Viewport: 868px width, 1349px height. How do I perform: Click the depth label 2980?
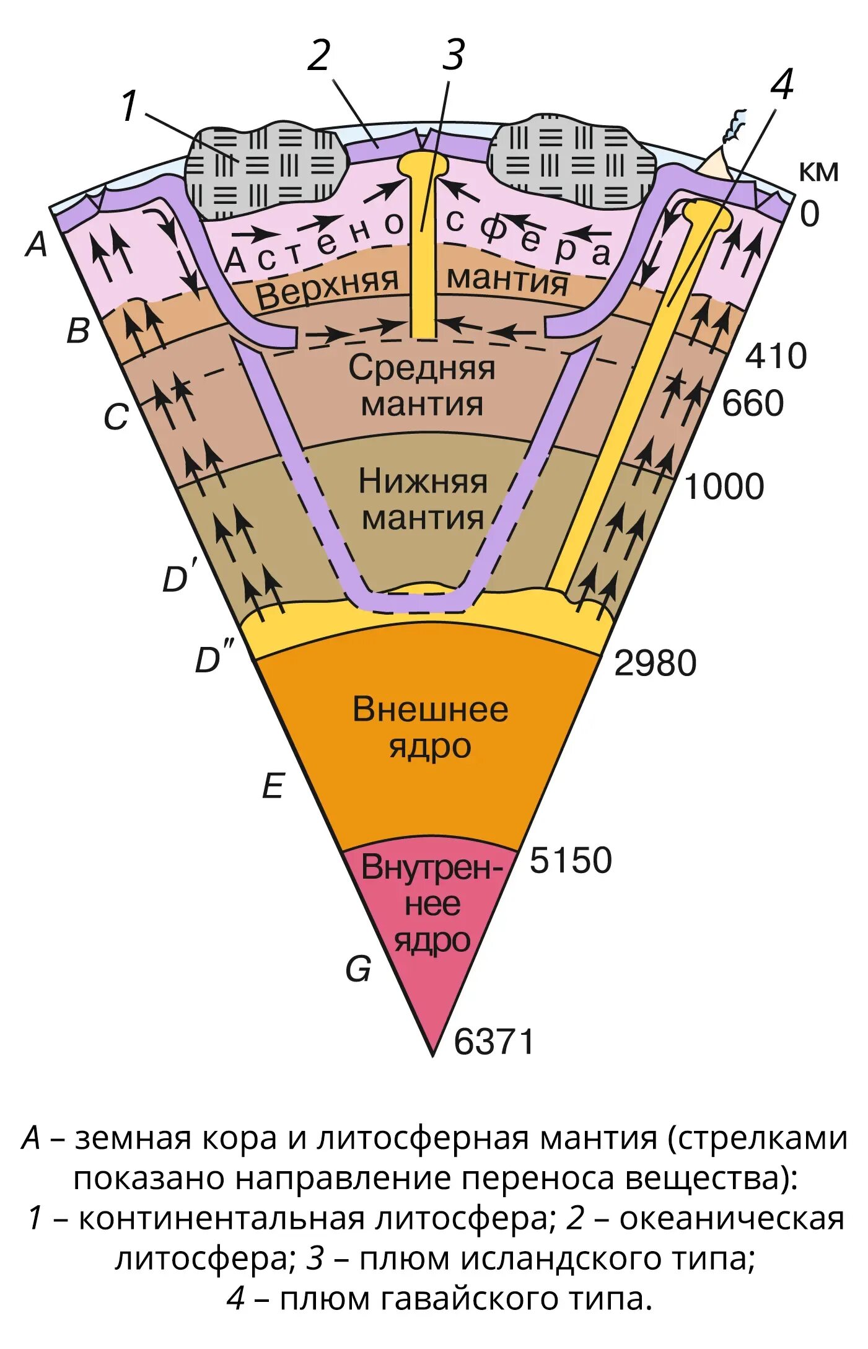click(x=655, y=663)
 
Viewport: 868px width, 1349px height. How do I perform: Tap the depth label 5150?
click(x=570, y=860)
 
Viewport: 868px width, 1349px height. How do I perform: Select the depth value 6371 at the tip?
click(x=494, y=1041)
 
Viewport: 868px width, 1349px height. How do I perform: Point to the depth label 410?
click(x=776, y=356)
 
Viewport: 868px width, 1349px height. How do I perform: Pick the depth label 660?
click(x=752, y=403)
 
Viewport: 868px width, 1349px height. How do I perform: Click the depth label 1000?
click(x=723, y=486)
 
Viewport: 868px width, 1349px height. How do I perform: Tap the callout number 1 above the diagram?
click(x=128, y=106)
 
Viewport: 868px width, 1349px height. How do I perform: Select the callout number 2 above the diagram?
click(x=320, y=56)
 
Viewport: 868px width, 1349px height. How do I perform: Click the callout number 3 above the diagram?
click(x=453, y=55)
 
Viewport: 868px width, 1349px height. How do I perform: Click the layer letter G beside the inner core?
click(x=359, y=969)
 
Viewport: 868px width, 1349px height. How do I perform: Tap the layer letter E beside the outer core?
click(x=273, y=786)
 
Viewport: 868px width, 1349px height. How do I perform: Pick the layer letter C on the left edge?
click(x=116, y=416)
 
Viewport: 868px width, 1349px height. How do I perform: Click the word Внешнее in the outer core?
click(x=430, y=710)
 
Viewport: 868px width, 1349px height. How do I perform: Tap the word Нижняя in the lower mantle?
click(x=423, y=482)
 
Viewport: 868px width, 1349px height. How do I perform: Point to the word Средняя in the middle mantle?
click(x=422, y=368)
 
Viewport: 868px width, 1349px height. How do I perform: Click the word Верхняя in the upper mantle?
click(x=327, y=288)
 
